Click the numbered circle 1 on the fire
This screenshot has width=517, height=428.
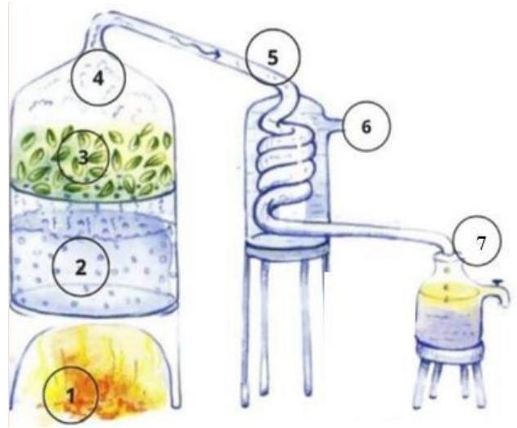click(71, 394)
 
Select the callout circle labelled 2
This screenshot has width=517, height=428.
click(81, 267)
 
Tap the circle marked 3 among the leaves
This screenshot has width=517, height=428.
click(83, 157)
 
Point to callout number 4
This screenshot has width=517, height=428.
click(98, 78)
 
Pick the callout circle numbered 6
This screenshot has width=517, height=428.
click(366, 126)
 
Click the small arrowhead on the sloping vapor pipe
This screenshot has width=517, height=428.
click(216, 54)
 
